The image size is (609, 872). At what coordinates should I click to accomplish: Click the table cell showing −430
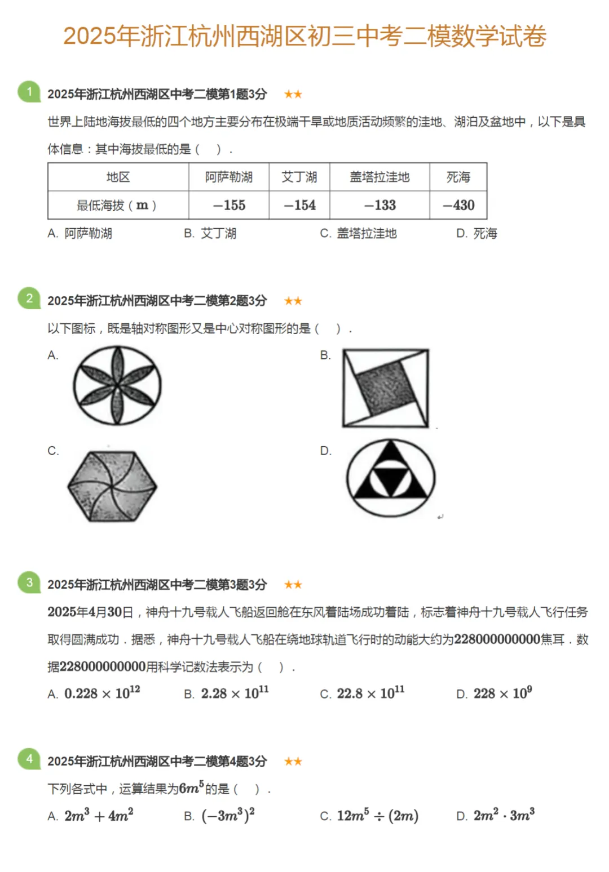coord(458,205)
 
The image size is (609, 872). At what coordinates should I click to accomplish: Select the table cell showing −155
coord(229,205)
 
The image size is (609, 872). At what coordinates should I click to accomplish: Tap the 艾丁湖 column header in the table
coord(299,177)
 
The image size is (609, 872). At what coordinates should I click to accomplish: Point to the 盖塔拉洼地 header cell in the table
coord(379,177)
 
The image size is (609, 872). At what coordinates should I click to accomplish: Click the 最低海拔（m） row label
coord(117,205)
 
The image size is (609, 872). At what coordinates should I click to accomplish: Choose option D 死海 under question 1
coord(477,233)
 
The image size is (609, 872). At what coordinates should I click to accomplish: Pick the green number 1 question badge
coord(29,92)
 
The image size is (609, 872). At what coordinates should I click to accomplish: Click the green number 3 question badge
coord(29,582)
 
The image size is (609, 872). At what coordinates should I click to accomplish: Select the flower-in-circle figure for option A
coord(117,386)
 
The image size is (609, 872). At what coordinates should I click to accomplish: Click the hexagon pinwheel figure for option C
coord(112,486)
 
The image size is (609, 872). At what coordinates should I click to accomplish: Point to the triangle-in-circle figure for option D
coord(391,478)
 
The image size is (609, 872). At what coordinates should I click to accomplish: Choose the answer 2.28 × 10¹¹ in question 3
coord(235,693)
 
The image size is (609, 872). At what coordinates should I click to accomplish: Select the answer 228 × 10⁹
coord(502,693)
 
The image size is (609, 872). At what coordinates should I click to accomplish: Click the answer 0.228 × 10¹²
coord(102,693)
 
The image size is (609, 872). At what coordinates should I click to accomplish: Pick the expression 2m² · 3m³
coord(504,816)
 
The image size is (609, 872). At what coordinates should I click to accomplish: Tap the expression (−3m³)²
coord(228,816)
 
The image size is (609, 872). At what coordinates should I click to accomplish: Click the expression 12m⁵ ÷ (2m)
coord(377,816)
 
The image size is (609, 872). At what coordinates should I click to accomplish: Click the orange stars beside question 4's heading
coord(293,762)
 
